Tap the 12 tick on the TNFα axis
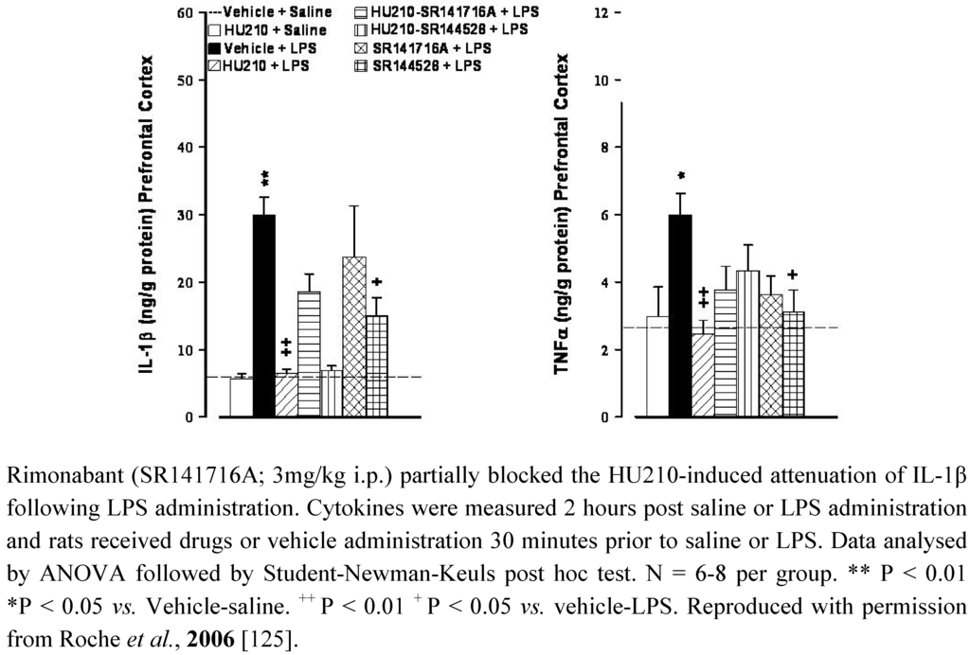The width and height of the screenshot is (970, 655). pyautogui.click(x=600, y=13)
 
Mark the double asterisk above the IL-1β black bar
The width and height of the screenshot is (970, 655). pyautogui.click(x=265, y=179)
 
